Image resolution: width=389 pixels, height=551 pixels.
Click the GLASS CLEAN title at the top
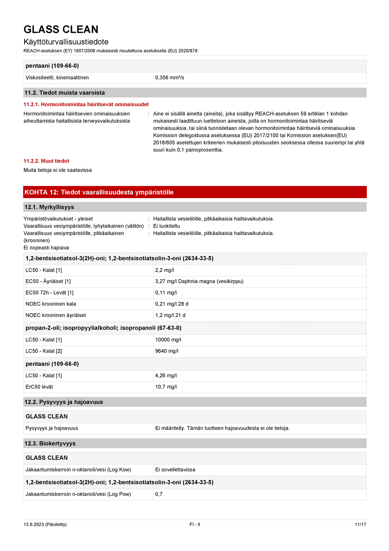click(x=61, y=29)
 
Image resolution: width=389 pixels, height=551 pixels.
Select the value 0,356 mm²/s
click(x=170, y=78)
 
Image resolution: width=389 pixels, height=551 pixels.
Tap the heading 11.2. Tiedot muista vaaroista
click(x=65, y=93)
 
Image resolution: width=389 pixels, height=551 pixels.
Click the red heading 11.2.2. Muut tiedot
click(x=46, y=161)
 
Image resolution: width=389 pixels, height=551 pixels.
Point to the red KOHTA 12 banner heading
click(x=99, y=192)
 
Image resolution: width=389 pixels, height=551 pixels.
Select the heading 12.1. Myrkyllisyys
click(x=49, y=207)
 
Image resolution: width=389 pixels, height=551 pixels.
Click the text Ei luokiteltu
click(x=166, y=226)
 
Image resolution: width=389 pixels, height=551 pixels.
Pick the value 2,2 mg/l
click(x=163, y=270)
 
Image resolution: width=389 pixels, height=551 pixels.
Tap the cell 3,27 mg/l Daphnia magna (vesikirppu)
click(x=199, y=281)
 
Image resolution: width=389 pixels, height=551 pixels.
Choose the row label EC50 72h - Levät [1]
click(x=50, y=293)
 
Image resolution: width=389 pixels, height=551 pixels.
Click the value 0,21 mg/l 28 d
click(x=172, y=304)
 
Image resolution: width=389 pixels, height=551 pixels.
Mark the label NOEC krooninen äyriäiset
click(x=56, y=315)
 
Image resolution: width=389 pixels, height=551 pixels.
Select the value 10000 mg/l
click(x=168, y=340)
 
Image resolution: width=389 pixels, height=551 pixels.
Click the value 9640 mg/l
click(x=167, y=351)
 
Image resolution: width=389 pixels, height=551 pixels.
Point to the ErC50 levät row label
click(x=39, y=387)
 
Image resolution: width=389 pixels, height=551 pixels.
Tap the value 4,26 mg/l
click(x=166, y=376)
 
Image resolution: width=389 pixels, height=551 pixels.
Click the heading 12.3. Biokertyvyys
click(x=50, y=443)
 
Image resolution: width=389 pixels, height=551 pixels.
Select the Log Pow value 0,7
click(x=159, y=494)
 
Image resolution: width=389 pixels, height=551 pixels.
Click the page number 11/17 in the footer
click(x=360, y=524)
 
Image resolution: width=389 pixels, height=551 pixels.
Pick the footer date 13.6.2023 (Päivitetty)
click(x=45, y=524)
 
